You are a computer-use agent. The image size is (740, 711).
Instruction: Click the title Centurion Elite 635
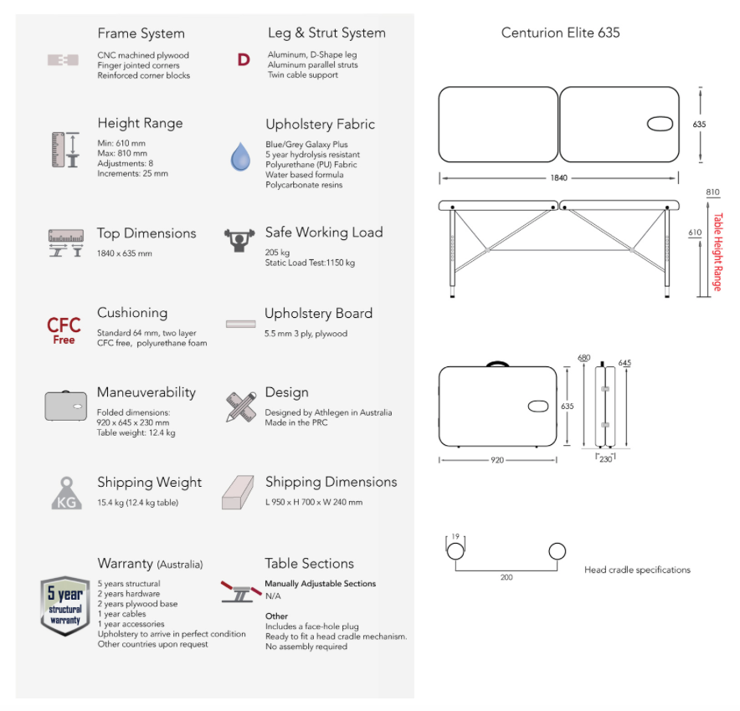560,33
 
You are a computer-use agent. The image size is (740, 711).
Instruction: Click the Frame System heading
141,33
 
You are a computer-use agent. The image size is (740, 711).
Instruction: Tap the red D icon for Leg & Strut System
244,60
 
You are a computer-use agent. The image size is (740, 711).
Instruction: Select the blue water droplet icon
240,156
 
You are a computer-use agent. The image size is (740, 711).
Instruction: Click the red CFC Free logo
64,330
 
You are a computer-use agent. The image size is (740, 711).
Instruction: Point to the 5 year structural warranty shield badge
65,606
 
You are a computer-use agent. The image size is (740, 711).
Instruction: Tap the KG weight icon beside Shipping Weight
66,494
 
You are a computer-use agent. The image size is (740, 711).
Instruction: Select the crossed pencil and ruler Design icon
241,406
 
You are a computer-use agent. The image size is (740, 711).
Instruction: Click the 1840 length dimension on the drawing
559,178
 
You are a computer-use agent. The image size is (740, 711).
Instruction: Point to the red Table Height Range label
717,252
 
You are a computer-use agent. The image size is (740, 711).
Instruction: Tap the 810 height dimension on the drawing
712,192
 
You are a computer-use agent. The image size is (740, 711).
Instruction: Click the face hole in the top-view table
660,125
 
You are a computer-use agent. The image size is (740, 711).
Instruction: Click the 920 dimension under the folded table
497,460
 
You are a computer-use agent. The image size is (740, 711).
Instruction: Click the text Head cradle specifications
637,570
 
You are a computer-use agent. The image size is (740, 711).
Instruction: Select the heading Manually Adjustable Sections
320,584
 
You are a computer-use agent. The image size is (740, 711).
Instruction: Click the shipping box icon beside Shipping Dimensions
238,493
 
